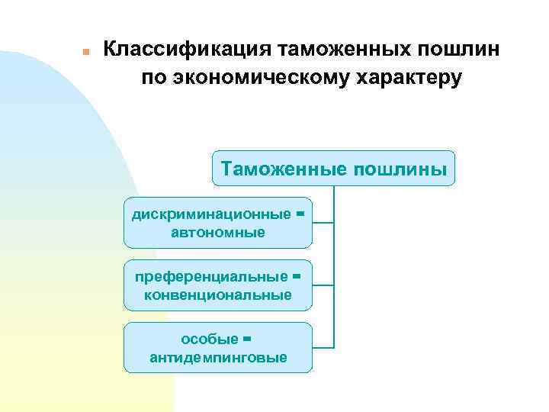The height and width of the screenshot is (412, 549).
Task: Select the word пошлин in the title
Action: point(461,50)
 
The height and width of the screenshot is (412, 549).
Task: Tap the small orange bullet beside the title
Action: point(86,52)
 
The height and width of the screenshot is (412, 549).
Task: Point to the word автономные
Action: point(218,232)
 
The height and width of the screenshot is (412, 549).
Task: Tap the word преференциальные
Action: point(211,276)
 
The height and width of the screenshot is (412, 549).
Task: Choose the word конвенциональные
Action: point(218,295)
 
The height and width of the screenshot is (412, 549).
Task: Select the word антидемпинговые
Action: point(218,357)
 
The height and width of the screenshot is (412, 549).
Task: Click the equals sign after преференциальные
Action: point(297,276)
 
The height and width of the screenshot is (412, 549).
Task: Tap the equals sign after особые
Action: point(246,338)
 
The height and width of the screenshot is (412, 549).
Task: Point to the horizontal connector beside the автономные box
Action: point(323,223)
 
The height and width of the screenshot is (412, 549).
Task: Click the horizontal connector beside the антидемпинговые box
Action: point(323,347)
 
